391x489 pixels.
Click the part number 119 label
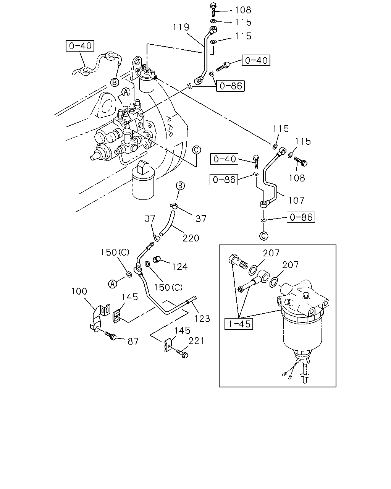[x=181, y=27]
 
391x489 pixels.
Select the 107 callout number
[x=296, y=201]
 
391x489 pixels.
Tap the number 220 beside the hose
[x=191, y=238]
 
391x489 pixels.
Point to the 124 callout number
[x=180, y=267]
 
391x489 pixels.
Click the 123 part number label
[x=202, y=319]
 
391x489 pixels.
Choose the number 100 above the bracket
[x=79, y=291]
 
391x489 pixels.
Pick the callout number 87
[x=133, y=341]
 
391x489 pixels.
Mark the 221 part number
[x=197, y=341]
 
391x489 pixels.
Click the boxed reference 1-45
[x=239, y=324]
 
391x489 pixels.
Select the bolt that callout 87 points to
[x=110, y=335]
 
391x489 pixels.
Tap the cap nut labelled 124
[x=157, y=259]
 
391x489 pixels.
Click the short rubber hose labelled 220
[x=167, y=223]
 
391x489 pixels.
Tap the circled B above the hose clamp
[x=180, y=186]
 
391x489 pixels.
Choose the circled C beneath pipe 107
[x=263, y=236]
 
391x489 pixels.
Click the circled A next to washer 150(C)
[x=113, y=284]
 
